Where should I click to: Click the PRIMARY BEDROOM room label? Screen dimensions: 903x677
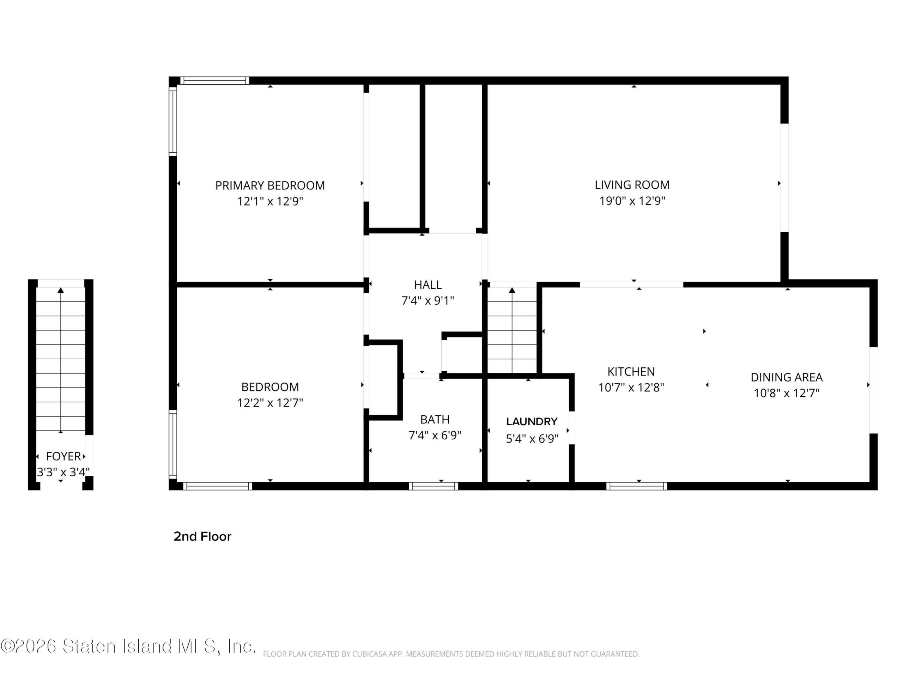point(270,186)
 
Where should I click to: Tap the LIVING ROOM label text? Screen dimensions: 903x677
point(632,185)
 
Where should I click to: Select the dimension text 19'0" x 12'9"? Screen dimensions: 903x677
point(632,201)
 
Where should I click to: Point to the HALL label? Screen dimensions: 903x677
point(428,285)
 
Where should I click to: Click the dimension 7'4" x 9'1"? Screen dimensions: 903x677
point(428,301)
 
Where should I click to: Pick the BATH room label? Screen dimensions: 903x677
point(435,420)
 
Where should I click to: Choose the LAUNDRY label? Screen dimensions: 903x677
point(532,422)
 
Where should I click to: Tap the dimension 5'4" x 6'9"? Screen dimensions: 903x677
point(532,439)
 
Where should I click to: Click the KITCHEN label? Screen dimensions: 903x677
point(631,372)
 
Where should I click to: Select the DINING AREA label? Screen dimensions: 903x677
point(786,378)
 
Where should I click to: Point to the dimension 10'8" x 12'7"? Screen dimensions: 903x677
point(786,393)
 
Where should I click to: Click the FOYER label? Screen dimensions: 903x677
point(63,456)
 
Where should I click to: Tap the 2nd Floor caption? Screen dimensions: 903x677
point(202,537)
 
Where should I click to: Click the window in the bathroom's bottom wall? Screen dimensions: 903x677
point(434,486)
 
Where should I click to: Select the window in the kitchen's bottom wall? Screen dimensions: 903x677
point(636,486)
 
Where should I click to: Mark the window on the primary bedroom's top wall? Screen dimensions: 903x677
point(215,80)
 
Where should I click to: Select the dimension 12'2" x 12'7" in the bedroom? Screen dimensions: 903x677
point(270,403)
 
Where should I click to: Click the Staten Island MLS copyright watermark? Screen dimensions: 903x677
point(128,646)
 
